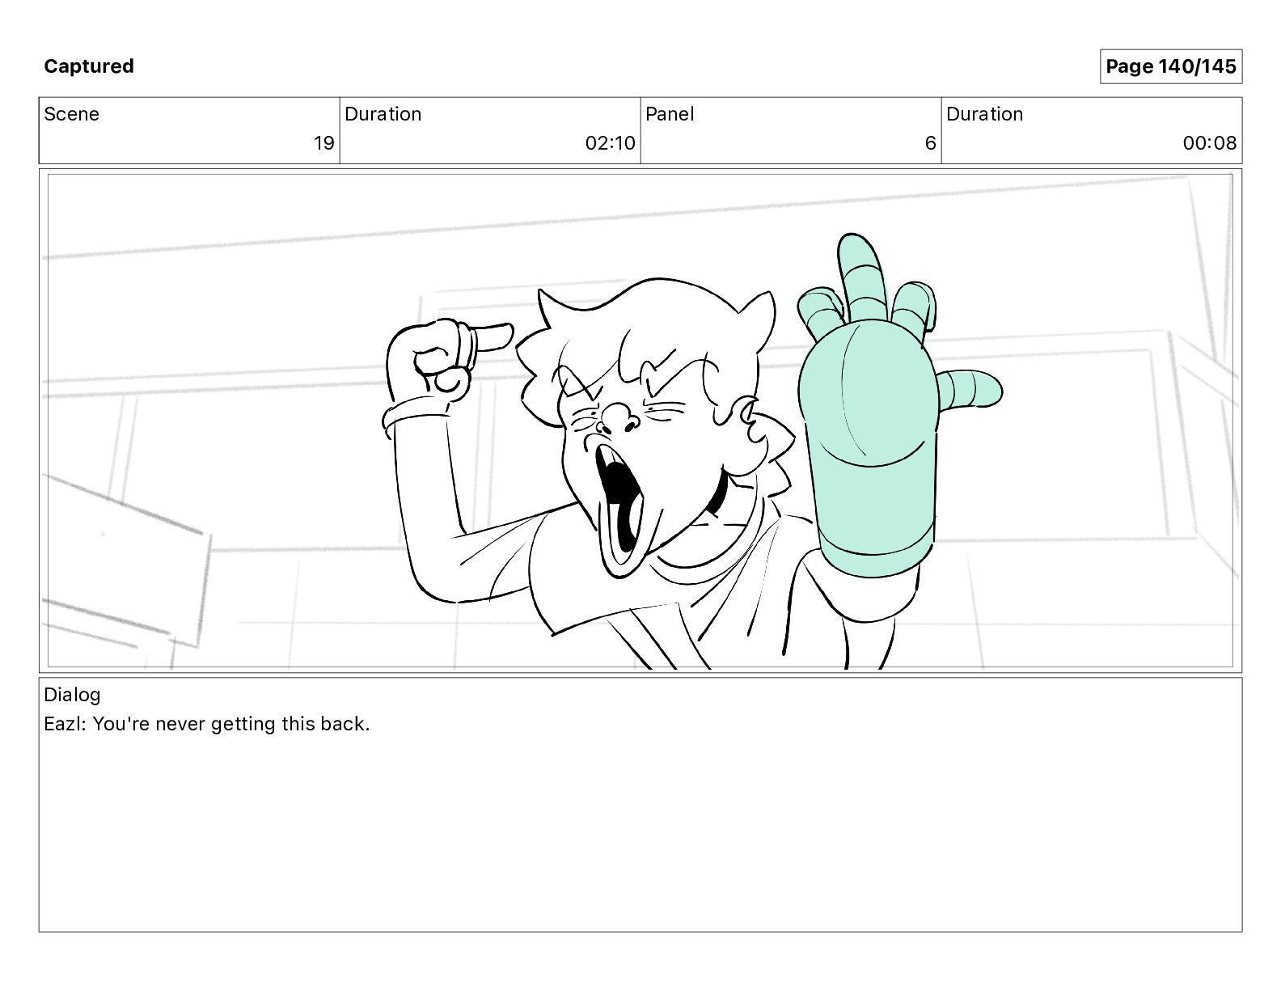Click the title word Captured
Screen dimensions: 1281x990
pyautogui.click(x=89, y=66)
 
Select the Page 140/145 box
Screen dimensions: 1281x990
pyautogui.click(x=1170, y=66)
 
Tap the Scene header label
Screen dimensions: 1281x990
pyautogui.click(x=71, y=114)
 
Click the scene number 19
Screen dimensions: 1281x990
pyautogui.click(x=323, y=142)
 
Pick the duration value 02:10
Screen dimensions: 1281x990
pyautogui.click(x=610, y=142)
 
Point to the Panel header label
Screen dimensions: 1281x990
pyautogui.click(x=669, y=114)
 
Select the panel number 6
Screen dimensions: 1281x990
pyautogui.click(x=930, y=142)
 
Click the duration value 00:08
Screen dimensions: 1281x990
pyautogui.click(x=1209, y=142)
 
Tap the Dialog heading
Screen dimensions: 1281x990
pyautogui.click(x=72, y=695)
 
